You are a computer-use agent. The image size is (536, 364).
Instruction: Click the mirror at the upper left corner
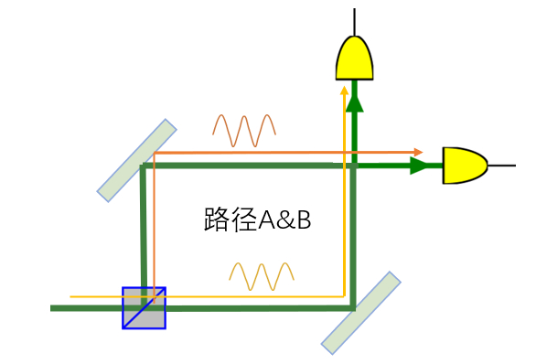coord(137,160)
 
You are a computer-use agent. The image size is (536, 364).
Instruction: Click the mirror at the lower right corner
coord(361,312)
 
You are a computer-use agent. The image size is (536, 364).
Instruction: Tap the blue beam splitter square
coord(145,307)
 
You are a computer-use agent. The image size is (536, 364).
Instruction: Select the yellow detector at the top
coord(353,59)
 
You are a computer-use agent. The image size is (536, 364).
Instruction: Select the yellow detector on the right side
coord(465,165)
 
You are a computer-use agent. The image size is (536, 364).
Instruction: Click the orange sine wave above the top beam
coord(243,130)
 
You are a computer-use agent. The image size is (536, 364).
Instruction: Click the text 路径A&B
coord(256,220)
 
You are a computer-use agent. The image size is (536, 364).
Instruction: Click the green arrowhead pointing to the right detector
coord(419,166)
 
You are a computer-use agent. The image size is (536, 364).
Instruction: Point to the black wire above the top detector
coord(353,20)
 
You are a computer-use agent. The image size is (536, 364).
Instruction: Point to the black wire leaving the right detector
coord(501,165)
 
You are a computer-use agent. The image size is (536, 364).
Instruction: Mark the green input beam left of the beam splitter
coord(87,308)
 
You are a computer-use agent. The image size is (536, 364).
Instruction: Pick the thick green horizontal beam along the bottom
coord(256,308)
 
